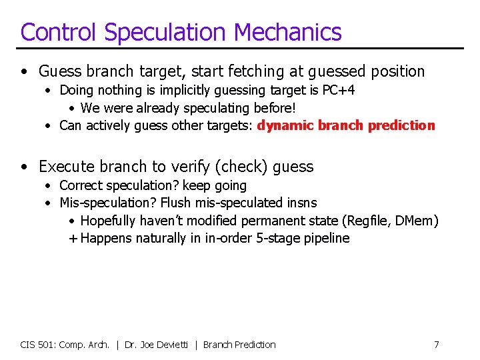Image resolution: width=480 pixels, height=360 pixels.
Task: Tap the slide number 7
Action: (x=436, y=345)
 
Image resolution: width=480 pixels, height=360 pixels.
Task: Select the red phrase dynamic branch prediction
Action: (x=346, y=125)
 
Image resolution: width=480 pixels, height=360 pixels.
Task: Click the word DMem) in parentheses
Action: (x=417, y=221)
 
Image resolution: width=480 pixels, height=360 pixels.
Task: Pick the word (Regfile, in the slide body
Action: (x=366, y=221)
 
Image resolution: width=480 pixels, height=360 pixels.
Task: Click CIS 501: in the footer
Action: (x=38, y=345)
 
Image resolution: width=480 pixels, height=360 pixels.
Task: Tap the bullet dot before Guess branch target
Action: (x=25, y=71)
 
